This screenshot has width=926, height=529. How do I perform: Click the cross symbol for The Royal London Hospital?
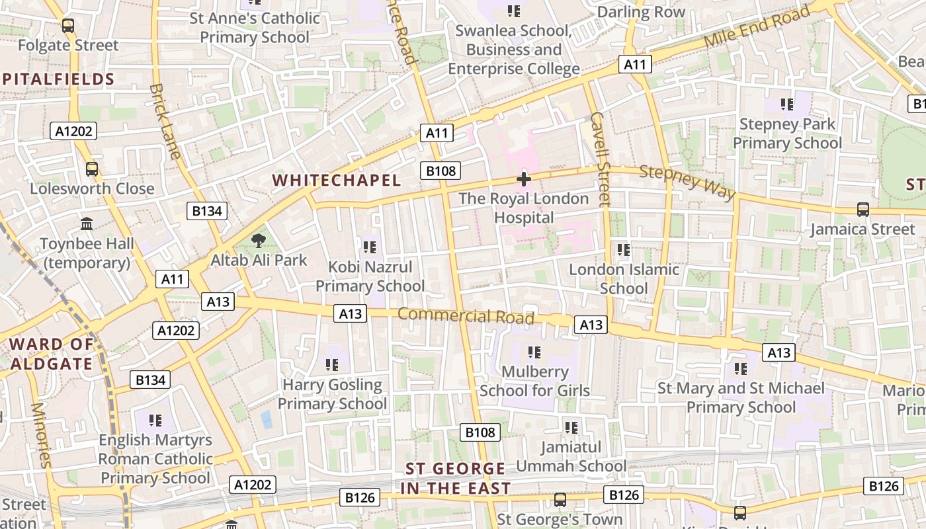click(524, 179)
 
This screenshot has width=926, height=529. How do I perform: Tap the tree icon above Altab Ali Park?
click(258, 241)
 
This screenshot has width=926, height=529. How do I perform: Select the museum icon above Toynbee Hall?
click(87, 224)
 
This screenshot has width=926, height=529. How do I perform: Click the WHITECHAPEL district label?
click(336, 181)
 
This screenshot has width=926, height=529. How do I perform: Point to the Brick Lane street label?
click(165, 121)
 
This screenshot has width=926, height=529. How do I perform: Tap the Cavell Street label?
click(599, 159)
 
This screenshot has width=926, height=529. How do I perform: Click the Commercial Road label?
click(466, 315)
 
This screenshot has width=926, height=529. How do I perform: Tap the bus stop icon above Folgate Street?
click(68, 26)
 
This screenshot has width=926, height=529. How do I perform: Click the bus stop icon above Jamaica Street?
click(863, 210)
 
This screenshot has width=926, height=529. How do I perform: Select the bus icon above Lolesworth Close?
click(92, 169)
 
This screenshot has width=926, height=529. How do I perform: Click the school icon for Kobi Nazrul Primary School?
click(370, 247)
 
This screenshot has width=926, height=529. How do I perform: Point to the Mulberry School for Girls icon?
click(534, 352)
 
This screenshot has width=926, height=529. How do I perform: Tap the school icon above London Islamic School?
click(623, 250)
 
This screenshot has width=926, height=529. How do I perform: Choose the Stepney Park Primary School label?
click(787, 134)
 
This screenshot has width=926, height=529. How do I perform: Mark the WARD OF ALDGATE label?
click(51, 354)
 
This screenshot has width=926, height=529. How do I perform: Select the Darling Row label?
click(641, 13)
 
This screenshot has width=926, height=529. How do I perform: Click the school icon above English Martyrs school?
click(155, 420)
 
